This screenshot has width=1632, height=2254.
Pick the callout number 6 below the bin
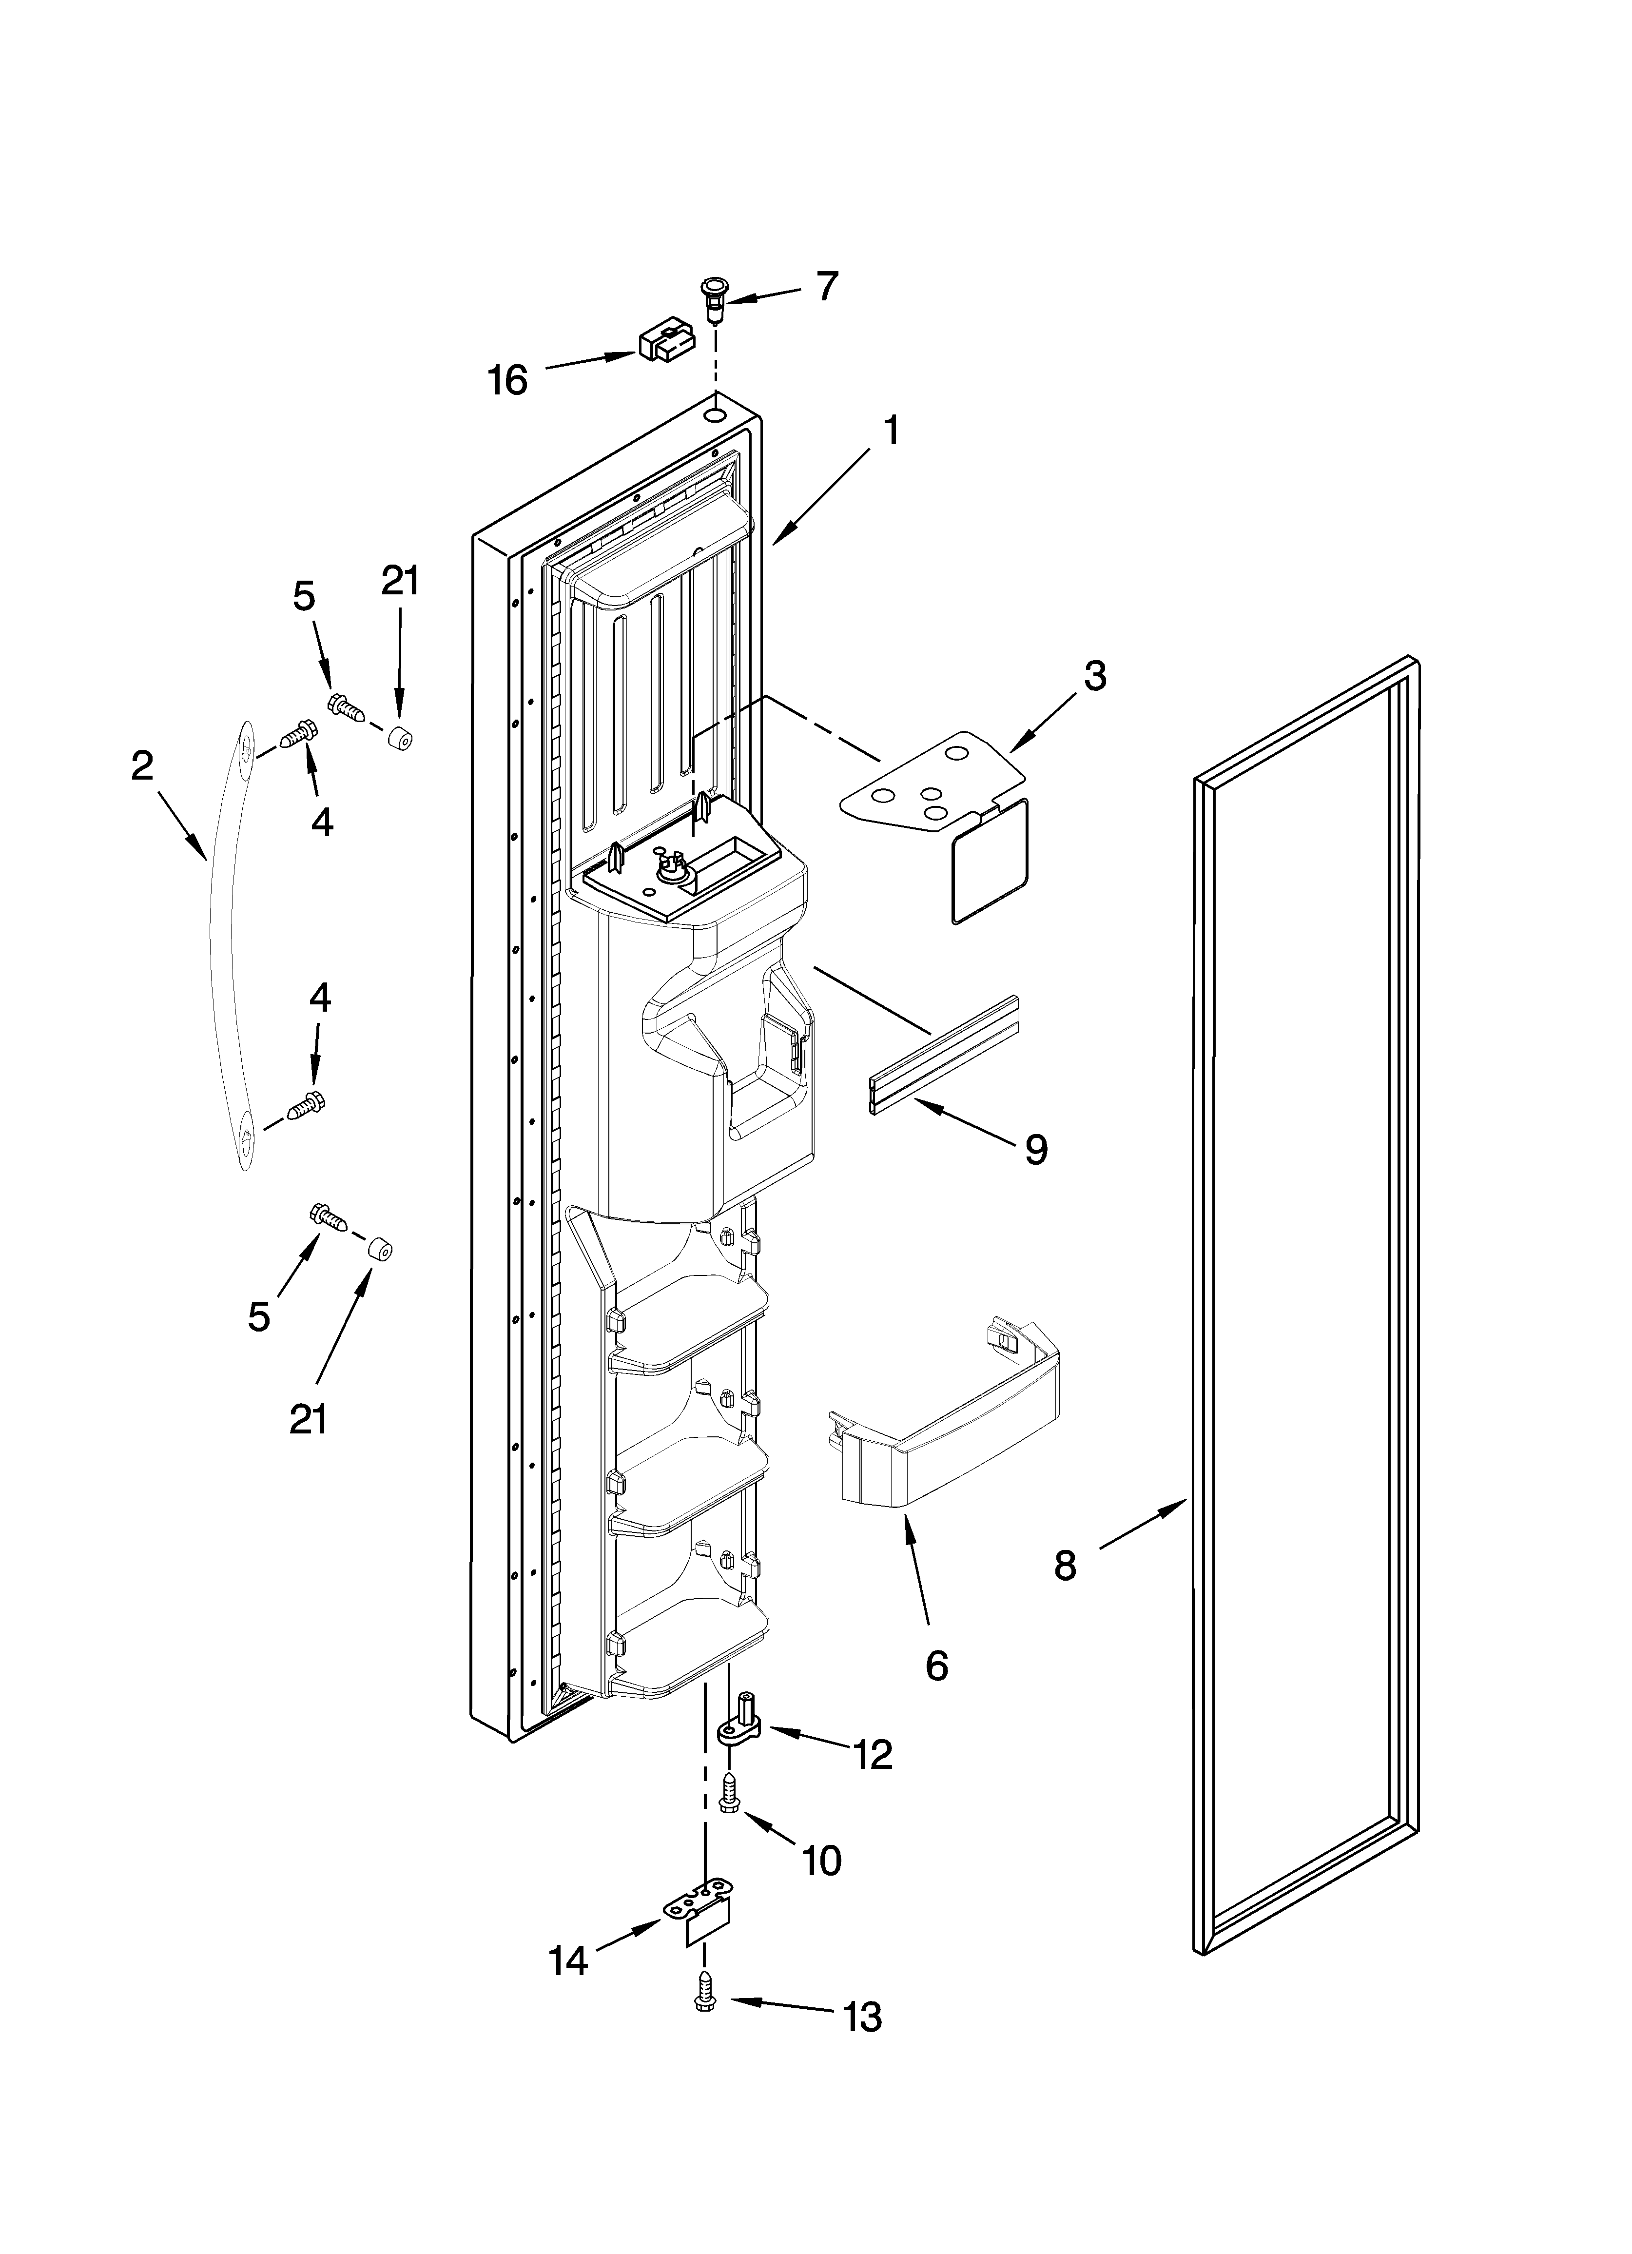click(x=936, y=1666)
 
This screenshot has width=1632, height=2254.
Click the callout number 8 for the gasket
click(x=1065, y=1567)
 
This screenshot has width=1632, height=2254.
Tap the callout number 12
click(x=873, y=1756)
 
